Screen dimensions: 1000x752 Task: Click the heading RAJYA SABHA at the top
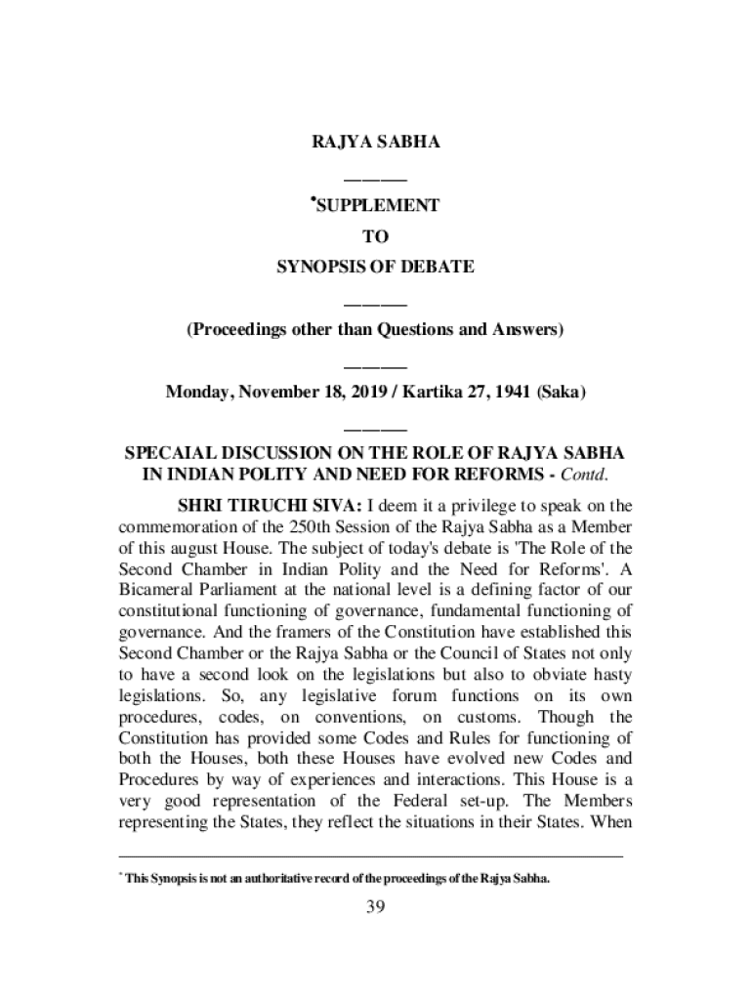(376, 143)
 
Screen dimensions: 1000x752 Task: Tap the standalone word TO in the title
(376, 236)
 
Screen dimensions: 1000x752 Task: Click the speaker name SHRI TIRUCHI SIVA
(269, 506)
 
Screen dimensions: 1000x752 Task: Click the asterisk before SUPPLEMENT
(313, 199)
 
